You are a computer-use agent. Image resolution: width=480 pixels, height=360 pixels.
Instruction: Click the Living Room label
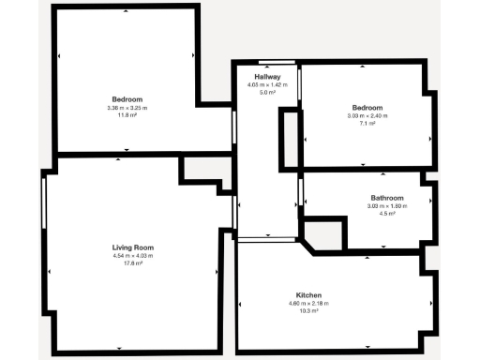(x=132, y=247)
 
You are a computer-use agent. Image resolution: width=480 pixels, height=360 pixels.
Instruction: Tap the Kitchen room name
(x=308, y=294)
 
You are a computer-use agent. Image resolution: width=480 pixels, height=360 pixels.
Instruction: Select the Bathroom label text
(x=386, y=198)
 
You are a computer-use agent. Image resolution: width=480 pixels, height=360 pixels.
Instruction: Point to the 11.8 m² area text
(x=127, y=115)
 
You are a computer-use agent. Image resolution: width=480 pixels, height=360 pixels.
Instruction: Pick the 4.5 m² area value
(x=386, y=214)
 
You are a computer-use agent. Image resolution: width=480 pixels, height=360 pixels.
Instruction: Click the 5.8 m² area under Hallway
(x=267, y=93)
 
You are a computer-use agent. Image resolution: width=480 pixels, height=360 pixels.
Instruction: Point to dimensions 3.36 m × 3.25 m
(x=127, y=108)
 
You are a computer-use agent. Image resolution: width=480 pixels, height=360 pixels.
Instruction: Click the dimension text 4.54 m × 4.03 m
(x=132, y=255)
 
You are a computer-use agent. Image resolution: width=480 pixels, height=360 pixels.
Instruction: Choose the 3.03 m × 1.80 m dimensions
(x=386, y=206)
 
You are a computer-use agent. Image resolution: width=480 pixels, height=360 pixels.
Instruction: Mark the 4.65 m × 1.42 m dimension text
(x=267, y=85)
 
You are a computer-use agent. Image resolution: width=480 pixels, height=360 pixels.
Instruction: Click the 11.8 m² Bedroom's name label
(x=127, y=99)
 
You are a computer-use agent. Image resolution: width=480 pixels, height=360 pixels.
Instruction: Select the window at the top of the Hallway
(x=277, y=63)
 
